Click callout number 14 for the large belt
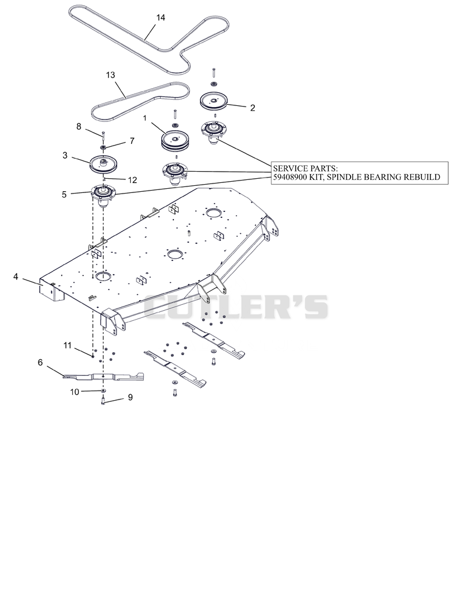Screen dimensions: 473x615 (x=160, y=18)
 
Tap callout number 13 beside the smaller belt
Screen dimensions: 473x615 (x=111, y=75)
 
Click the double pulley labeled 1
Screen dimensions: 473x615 (x=176, y=141)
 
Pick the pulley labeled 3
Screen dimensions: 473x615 (x=104, y=164)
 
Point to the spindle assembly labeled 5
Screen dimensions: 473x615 (x=104, y=194)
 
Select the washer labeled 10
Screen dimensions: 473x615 (x=103, y=391)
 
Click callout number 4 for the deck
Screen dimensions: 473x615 (x=16, y=276)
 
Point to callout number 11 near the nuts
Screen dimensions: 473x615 (x=67, y=345)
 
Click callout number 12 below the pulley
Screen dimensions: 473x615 (x=132, y=180)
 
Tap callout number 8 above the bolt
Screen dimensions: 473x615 (x=79, y=126)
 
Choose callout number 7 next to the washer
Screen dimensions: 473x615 (x=132, y=140)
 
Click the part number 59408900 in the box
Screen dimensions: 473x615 (x=291, y=177)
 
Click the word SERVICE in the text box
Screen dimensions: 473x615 (x=290, y=168)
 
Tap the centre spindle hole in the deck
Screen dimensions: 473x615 (x=175, y=254)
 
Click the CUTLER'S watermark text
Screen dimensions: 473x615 (x=236, y=307)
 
